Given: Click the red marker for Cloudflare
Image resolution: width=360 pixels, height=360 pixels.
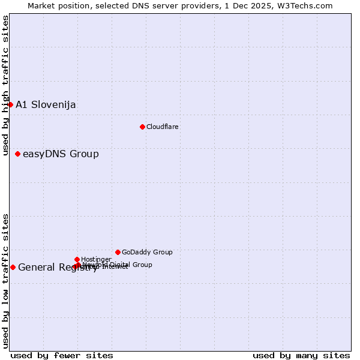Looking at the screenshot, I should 142,127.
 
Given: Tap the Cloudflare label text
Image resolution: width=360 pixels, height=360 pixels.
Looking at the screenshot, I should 163,127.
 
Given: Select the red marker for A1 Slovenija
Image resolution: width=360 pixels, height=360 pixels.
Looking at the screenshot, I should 10,104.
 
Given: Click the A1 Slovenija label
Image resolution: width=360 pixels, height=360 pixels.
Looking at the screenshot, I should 46,105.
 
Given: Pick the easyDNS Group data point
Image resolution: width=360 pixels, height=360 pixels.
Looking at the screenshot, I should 17,154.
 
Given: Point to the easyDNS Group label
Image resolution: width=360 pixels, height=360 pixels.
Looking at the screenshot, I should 61,154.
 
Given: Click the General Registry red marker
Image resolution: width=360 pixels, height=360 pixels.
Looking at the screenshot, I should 13,267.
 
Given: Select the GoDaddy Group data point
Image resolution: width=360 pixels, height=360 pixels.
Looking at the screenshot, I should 118,252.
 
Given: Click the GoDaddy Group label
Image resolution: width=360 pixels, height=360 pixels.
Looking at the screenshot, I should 147,252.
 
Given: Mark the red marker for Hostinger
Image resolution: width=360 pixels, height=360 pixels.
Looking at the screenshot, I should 77,259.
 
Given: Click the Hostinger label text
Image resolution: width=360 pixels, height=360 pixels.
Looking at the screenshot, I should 96,259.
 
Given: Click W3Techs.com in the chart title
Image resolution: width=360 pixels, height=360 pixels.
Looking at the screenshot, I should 307,5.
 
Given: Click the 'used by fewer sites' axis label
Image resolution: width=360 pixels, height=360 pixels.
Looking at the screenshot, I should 62,355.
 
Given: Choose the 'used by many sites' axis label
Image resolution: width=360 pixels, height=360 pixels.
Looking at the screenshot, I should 301,355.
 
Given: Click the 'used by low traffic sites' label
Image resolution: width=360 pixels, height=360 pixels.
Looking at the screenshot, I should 6,281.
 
